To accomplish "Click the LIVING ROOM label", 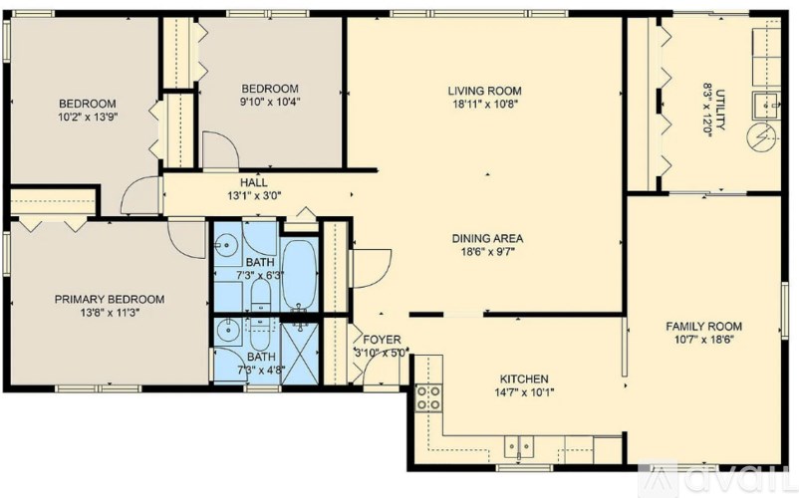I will pos(485,91).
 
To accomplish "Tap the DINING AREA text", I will pos(487,239).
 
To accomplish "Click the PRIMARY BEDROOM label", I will pos(110,299).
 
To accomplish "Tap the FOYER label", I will pos(381,339).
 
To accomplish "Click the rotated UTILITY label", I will pos(721,109).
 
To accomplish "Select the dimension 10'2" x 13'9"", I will pos(87,117).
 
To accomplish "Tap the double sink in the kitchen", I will pos(519,446).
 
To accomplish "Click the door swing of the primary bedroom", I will pos(185,234).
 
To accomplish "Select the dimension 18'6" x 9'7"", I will pos(487,253).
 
